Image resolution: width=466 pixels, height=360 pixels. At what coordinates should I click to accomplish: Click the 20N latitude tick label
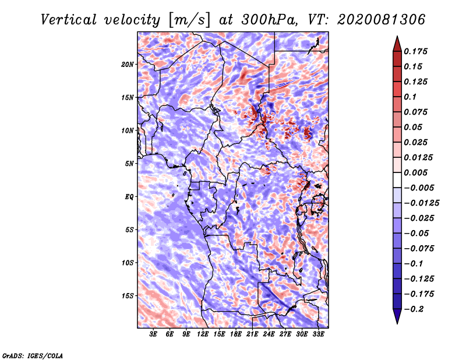[127, 65]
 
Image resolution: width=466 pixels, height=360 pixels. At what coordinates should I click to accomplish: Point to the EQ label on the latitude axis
[129, 197]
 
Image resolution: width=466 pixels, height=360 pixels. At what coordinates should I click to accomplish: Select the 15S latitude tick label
[127, 296]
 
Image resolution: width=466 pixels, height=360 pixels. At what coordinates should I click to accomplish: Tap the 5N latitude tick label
[129, 164]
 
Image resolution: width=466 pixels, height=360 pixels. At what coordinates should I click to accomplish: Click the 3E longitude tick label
[153, 334]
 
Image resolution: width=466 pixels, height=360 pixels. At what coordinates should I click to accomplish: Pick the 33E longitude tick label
[318, 334]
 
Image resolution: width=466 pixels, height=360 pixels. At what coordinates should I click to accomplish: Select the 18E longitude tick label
[236, 334]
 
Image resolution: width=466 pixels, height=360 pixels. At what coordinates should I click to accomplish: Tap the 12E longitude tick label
[203, 334]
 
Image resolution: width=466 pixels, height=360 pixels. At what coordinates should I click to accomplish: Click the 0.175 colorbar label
[415, 51]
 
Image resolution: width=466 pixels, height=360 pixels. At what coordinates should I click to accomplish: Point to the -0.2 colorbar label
[414, 309]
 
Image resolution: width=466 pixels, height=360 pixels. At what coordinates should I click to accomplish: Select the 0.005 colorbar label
[415, 172]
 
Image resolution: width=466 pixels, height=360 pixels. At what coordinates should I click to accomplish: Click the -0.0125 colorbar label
[421, 203]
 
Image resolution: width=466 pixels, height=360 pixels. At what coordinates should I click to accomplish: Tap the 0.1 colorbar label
[410, 97]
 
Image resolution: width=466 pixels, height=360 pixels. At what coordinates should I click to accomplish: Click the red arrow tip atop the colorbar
[397, 36]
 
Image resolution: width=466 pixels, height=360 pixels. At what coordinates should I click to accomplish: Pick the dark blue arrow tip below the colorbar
[397, 323]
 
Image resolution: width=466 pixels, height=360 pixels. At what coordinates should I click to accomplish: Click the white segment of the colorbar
[397, 180]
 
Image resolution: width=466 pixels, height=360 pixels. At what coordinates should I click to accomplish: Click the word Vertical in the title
[69, 20]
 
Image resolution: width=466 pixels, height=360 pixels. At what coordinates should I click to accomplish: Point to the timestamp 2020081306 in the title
[382, 20]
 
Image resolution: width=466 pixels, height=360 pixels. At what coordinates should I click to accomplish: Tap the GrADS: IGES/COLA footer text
[33, 355]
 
